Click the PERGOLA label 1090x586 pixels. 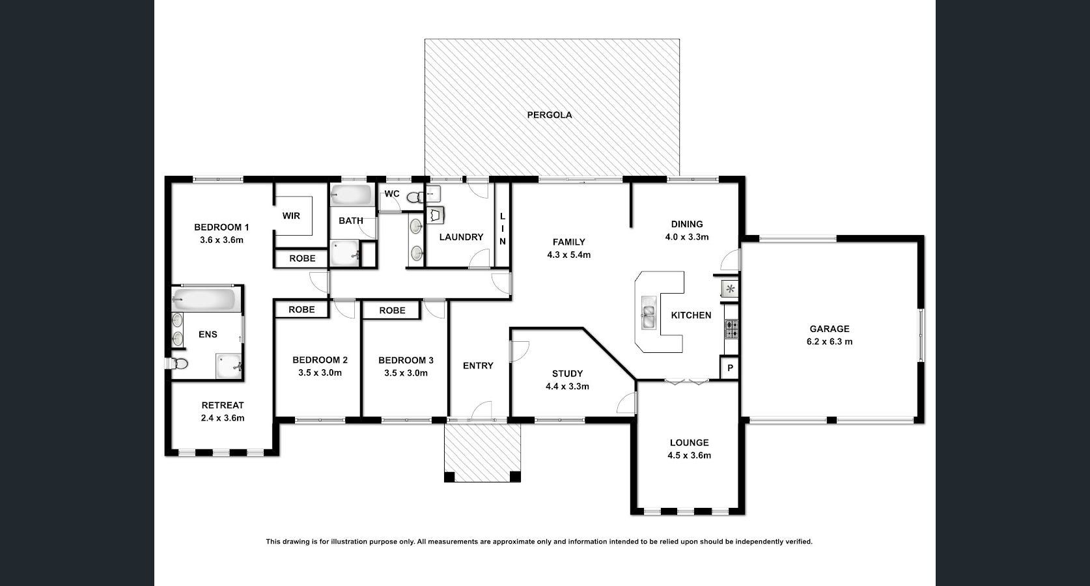[550, 115]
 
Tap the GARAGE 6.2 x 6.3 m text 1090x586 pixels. [830, 335]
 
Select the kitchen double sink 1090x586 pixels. [649, 314]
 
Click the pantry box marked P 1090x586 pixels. [730, 368]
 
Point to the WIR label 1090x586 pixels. [291, 216]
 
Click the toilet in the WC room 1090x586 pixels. [413, 197]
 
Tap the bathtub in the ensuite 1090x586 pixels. [204, 300]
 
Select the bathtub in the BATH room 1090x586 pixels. [351, 194]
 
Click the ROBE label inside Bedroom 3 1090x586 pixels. [392, 311]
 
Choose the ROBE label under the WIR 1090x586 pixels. [302, 258]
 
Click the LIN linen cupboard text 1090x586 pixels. [503, 229]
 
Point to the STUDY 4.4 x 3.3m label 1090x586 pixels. [567, 380]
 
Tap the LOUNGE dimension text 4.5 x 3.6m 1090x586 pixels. [689, 456]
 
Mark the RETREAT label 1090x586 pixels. [223, 405]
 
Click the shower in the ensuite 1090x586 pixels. [229, 366]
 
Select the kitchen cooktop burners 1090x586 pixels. [731, 329]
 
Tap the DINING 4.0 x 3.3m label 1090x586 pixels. [687, 230]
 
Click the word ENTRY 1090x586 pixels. [478, 366]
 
